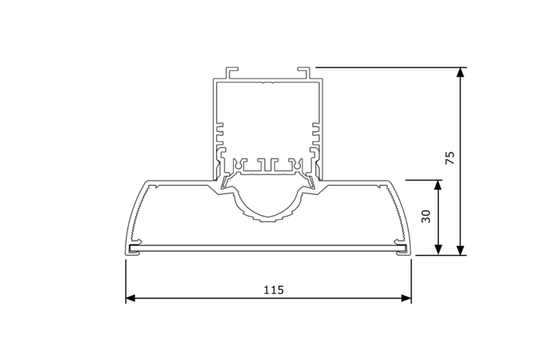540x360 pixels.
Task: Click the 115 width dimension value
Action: (273, 290)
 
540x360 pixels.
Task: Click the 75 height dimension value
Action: (451, 158)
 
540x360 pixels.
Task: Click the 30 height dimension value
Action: (426, 217)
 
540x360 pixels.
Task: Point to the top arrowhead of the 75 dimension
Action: (461, 72)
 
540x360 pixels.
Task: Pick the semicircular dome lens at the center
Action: (268, 202)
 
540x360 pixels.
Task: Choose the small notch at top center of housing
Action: (267, 81)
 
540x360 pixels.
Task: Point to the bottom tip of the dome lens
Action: (268, 220)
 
